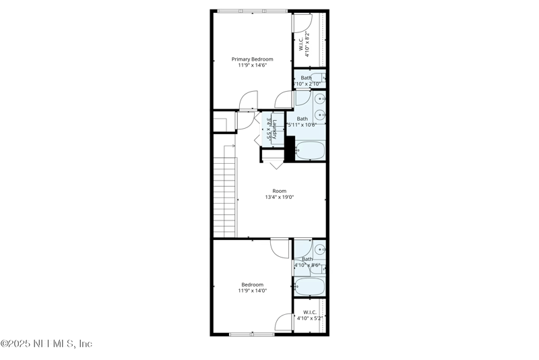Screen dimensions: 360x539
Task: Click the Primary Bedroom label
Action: [x=253, y=59]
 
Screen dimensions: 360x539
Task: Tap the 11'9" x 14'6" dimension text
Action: [x=253, y=65]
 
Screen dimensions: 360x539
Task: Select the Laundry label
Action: [x=275, y=128]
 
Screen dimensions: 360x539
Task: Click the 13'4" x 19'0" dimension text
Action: [x=279, y=197]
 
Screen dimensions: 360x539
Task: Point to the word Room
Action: [x=279, y=191]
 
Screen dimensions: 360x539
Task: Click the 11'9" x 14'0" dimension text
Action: [x=253, y=291]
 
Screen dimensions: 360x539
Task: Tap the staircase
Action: [x=226, y=196]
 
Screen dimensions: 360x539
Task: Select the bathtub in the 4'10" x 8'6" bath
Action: [x=311, y=287]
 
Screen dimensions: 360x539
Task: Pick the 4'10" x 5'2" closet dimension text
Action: [x=310, y=318]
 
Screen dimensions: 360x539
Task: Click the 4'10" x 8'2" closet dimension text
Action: [x=307, y=46]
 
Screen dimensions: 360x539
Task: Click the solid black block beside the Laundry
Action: [x=290, y=149]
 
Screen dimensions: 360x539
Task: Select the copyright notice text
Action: [x=46, y=343]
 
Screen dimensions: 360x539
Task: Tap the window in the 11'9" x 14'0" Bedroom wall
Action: [x=250, y=334]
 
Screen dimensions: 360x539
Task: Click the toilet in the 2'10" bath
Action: [x=321, y=79]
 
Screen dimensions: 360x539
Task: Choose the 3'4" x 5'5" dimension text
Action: [x=269, y=128]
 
